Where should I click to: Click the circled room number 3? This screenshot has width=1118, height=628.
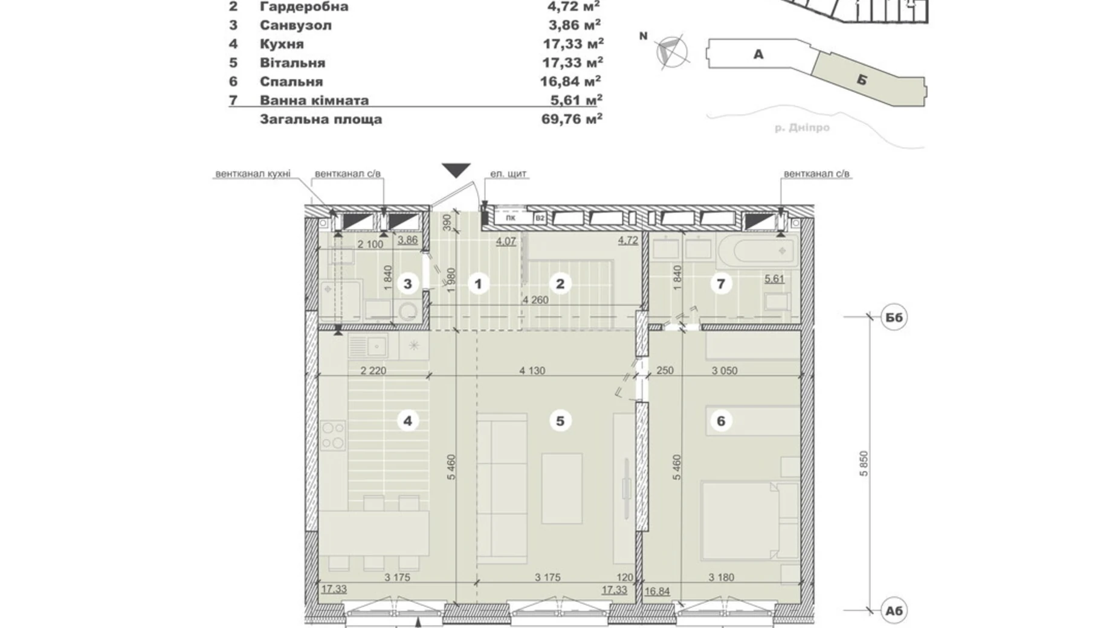[408, 284]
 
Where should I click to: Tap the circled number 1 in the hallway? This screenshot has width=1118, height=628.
[479, 284]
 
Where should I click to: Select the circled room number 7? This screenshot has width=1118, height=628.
[720, 284]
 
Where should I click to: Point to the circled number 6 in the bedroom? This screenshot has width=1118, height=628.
[720, 421]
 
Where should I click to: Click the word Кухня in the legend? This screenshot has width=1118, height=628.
[282, 44]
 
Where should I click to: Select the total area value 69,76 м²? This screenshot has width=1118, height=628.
[572, 119]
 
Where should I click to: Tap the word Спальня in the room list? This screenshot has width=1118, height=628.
[291, 82]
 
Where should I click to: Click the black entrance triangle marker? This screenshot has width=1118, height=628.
[456, 170]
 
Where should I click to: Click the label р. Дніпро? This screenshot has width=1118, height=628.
[802, 128]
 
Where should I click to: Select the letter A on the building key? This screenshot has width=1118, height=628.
[758, 54]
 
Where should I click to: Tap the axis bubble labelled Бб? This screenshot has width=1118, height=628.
[894, 317]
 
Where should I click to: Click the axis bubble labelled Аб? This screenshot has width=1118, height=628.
[894, 610]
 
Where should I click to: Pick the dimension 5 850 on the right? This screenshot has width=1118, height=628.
[864, 464]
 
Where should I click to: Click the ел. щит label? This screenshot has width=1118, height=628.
[508, 174]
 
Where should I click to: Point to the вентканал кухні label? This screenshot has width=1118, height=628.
[253, 174]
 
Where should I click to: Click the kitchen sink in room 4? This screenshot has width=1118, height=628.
[369, 346]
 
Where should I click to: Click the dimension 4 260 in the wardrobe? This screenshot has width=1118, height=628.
[535, 300]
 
